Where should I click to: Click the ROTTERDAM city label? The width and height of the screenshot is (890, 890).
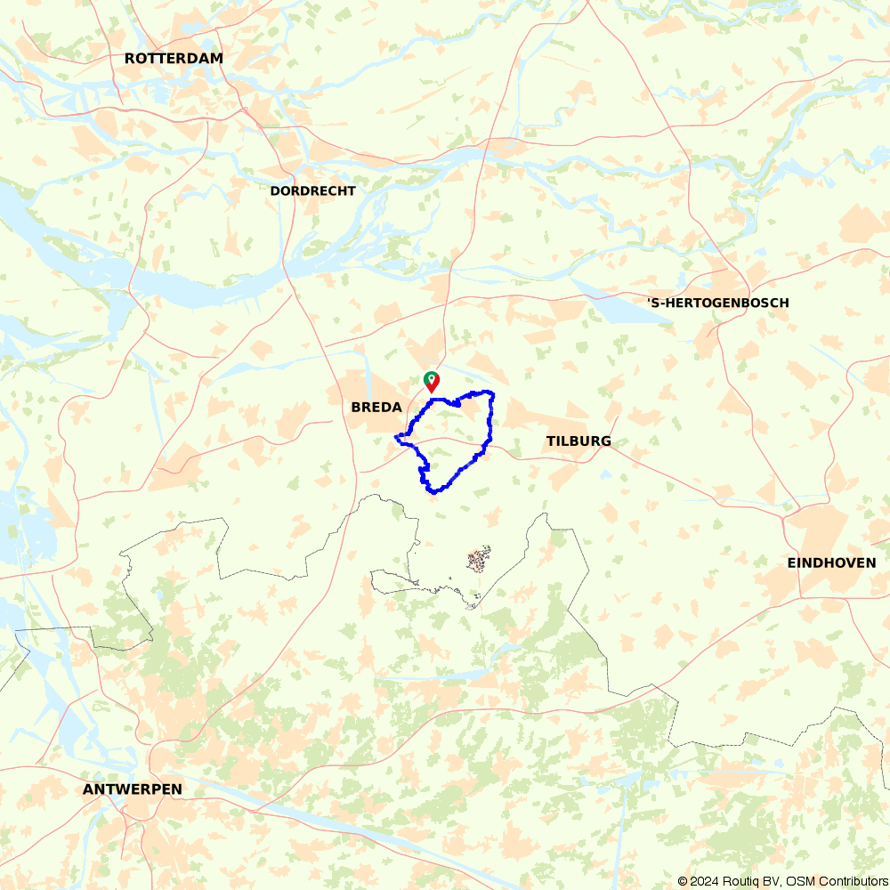[x=174, y=59]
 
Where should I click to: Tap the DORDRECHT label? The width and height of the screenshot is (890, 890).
[x=312, y=191]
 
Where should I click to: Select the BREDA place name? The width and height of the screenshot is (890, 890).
[x=376, y=407]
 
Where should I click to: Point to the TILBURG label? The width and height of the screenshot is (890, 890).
[x=578, y=441]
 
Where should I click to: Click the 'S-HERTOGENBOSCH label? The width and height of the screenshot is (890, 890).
[x=717, y=303]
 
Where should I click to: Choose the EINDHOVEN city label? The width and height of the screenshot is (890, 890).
[x=831, y=563]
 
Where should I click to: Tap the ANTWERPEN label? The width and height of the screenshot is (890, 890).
[x=132, y=789]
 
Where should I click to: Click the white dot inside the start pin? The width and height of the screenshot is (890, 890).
[x=432, y=378]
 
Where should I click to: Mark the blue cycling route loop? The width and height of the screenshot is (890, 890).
[x=490, y=418]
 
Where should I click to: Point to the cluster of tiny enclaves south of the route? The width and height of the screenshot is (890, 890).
[x=479, y=560]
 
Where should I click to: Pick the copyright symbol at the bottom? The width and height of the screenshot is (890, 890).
[x=683, y=881]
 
